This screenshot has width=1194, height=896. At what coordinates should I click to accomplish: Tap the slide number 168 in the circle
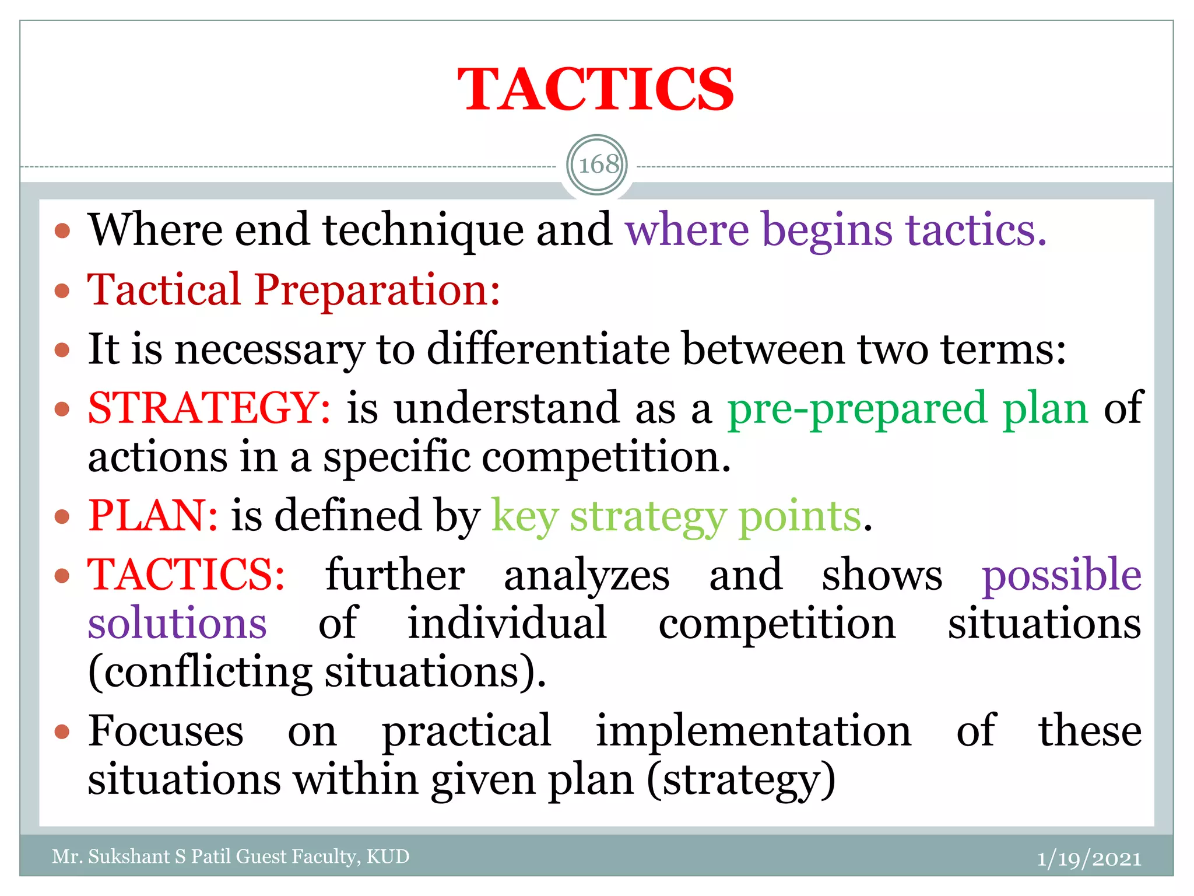coord(598,164)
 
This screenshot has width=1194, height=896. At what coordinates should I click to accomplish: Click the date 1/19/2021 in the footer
coord(1088,858)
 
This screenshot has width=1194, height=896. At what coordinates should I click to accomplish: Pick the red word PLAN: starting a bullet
coord(153,516)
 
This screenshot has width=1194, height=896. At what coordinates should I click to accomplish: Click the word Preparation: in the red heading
coord(377,289)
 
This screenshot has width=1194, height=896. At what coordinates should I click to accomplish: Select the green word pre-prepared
coord(857,408)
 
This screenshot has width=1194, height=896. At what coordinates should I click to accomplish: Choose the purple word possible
coord(1062,575)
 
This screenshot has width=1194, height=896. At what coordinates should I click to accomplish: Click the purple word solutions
coord(177,623)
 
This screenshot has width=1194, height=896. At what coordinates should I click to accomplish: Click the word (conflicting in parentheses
coord(200,672)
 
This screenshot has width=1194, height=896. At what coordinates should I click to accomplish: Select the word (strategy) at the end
coord(741,779)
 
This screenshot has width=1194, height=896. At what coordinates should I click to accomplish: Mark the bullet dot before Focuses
coord(62,731)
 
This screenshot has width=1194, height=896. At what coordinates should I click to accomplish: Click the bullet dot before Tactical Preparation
coord(62,290)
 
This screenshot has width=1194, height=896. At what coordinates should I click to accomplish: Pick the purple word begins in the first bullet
coord(827,230)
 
